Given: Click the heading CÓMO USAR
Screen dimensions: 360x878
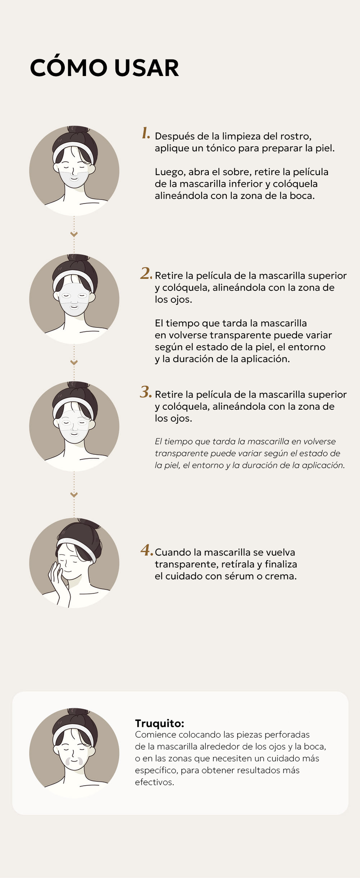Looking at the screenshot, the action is [104, 68].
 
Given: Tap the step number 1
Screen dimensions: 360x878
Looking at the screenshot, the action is [146, 133].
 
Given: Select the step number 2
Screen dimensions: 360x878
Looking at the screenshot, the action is [146, 273].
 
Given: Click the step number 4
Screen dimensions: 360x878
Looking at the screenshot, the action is [147, 550].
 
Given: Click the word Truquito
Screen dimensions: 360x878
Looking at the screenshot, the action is [160, 724].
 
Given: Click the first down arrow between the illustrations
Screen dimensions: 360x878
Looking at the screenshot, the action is [74, 234].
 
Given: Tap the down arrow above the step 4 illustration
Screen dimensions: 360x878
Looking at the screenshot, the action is [74, 495].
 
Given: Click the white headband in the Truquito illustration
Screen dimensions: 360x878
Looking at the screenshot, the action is [74, 734].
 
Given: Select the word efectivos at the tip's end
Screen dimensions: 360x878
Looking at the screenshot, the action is [154, 783].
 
